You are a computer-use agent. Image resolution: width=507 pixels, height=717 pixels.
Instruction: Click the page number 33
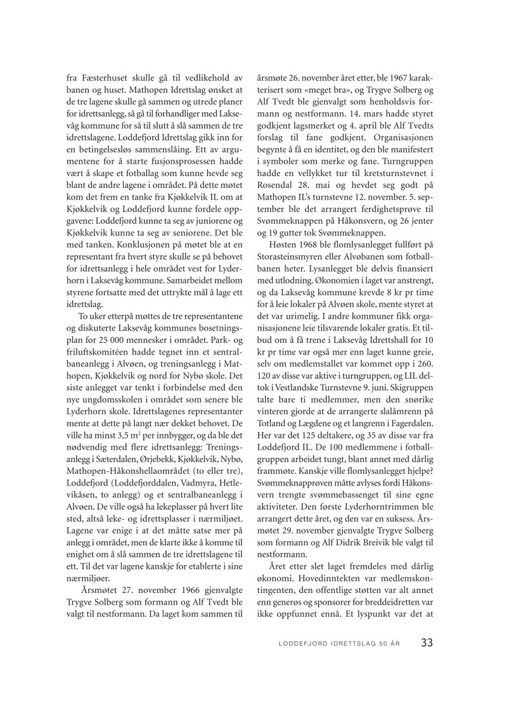tap(427, 643)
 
